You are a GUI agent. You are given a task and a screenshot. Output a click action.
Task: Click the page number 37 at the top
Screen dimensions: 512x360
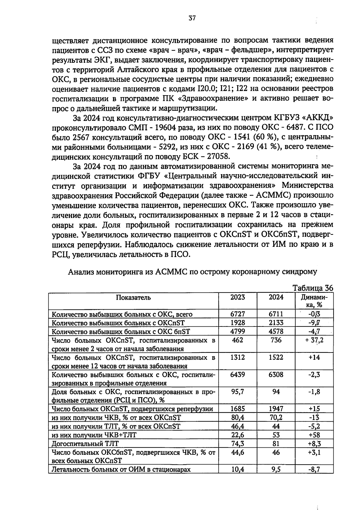pos(192,18)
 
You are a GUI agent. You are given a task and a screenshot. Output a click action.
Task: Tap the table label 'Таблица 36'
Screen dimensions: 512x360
pos(313,288)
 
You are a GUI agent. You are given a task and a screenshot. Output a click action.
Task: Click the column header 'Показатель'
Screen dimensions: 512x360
pos(133,298)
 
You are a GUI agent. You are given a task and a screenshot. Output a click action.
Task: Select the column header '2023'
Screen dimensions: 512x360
pos(238,297)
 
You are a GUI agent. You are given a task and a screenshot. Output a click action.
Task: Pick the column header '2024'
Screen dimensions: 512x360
pos(276,297)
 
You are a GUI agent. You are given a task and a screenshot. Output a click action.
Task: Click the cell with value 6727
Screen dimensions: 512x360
pos(238,314)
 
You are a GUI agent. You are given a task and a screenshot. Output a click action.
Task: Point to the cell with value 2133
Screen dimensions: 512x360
pos(276,323)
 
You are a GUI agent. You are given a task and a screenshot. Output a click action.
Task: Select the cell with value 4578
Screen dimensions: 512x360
pos(276,331)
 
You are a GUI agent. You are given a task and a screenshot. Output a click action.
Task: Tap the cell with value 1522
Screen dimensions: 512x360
pos(276,357)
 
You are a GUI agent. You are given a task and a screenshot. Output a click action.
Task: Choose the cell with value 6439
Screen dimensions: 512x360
pos(238,374)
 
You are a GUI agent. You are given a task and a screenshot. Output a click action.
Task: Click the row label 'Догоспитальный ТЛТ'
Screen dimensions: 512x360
pos(85,444)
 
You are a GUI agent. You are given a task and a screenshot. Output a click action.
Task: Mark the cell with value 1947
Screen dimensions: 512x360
pos(276,409)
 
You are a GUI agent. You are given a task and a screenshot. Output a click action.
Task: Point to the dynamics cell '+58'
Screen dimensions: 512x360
pos(314,435)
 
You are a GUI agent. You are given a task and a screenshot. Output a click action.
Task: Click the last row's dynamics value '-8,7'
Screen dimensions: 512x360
pos(314,469)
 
